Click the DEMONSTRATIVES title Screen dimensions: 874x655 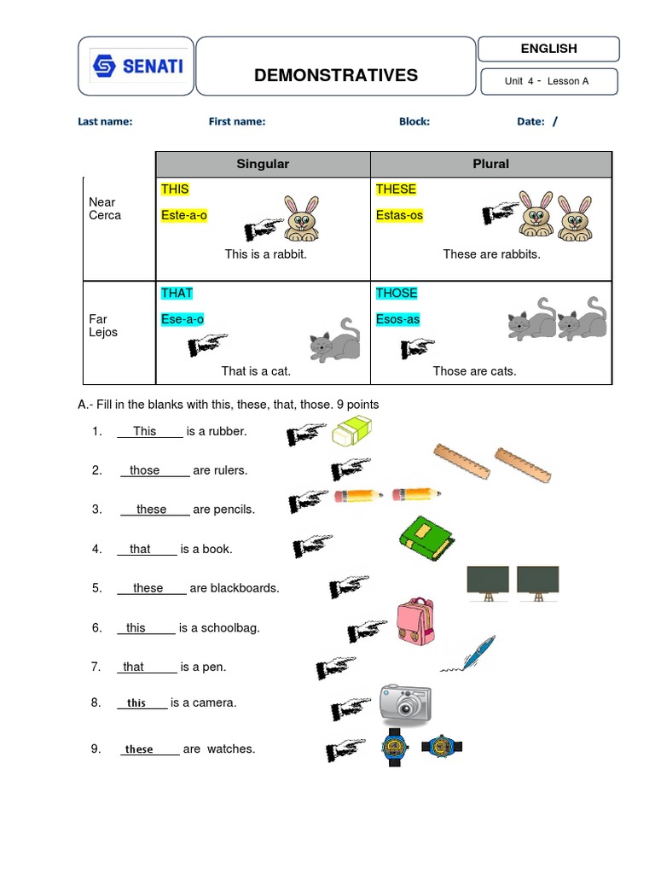(x=336, y=75)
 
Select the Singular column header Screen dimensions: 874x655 (x=263, y=164)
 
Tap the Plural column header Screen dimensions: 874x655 (x=490, y=164)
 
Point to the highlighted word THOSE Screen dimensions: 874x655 (x=397, y=293)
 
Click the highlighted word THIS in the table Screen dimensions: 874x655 (x=175, y=189)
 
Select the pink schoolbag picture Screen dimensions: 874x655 (x=415, y=622)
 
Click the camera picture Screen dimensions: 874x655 (x=405, y=704)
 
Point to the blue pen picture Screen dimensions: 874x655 (x=469, y=654)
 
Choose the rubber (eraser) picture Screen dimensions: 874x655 (x=353, y=432)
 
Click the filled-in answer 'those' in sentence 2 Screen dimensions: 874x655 (x=144, y=470)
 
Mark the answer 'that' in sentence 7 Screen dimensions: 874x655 (x=134, y=667)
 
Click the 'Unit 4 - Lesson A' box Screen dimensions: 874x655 (x=547, y=81)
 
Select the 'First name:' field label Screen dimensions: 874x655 (x=237, y=121)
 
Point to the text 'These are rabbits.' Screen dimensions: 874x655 (x=491, y=254)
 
